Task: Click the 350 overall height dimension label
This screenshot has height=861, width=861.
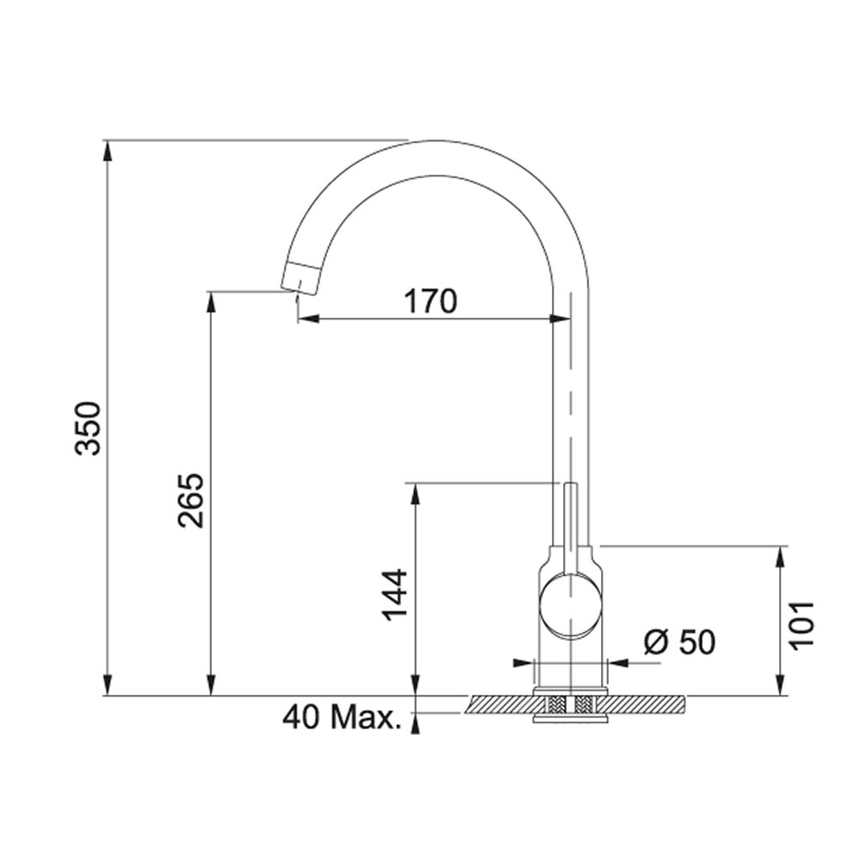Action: point(89,429)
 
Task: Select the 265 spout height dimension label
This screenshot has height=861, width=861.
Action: point(191,500)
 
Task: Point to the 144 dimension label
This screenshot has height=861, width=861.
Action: point(396,595)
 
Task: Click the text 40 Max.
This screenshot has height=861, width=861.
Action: point(342,718)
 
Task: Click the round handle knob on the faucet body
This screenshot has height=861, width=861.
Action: point(572,605)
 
